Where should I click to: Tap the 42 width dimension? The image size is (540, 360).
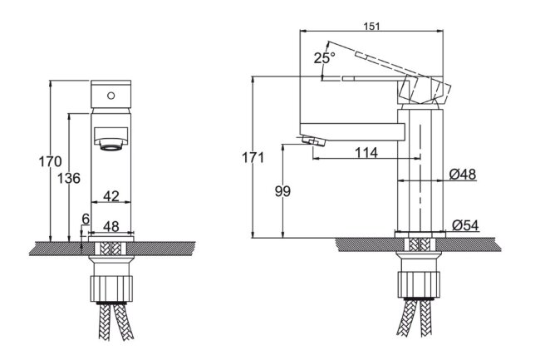tap(110, 196)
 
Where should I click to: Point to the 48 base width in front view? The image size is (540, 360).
tap(110, 226)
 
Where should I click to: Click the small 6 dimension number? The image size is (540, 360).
tap(84, 219)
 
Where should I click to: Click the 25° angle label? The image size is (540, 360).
tap(324, 58)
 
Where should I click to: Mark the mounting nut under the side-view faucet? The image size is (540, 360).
tap(420, 284)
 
